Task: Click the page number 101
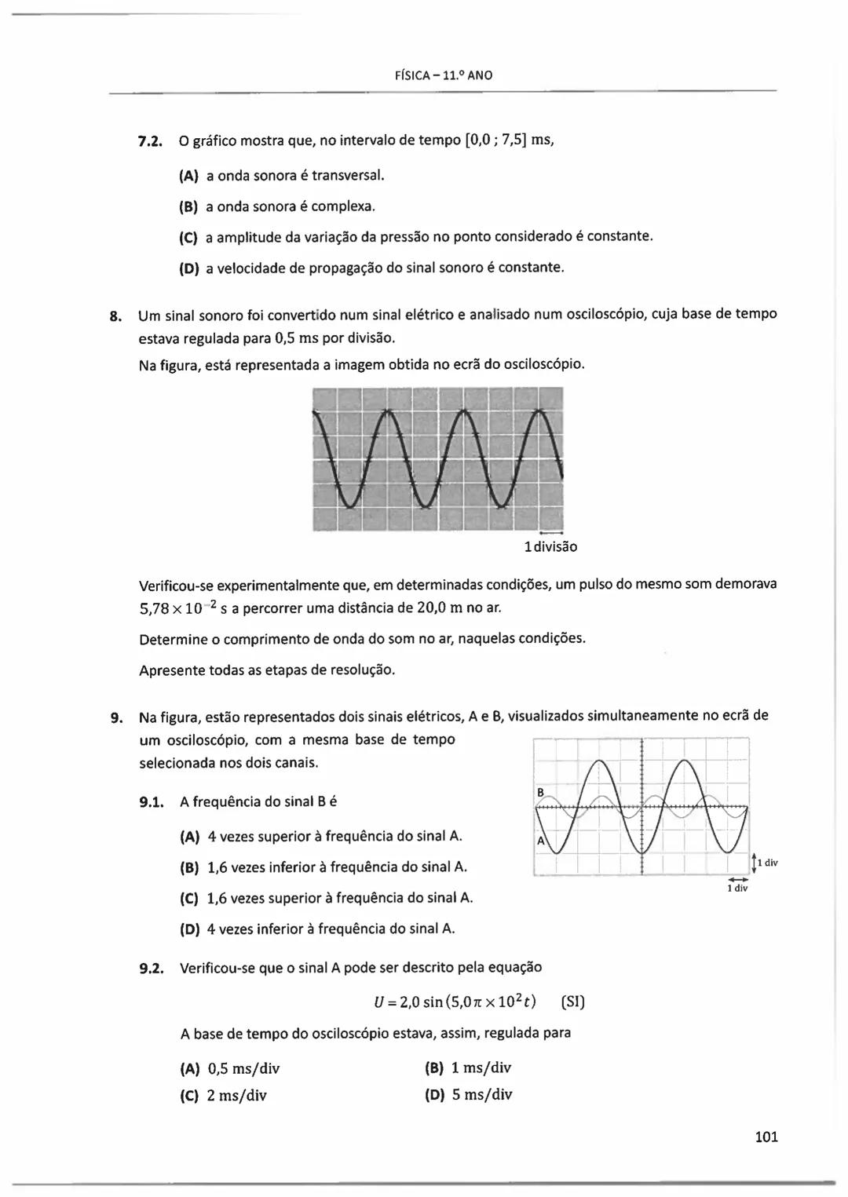click(766, 1136)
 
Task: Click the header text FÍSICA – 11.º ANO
click(444, 75)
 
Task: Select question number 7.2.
click(149, 142)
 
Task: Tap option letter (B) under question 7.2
click(188, 207)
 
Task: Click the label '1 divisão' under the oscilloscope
click(550, 546)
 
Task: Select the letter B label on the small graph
click(540, 792)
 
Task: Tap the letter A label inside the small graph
click(540, 841)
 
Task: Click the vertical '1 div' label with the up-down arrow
click(769, 863)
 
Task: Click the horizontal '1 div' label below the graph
click(737, 889)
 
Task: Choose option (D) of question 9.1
click(189, 929)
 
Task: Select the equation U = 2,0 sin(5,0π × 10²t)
click(455, 1002)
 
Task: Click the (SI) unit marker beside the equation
click(573, 1002)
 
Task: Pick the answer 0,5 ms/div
click(243, 1068)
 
